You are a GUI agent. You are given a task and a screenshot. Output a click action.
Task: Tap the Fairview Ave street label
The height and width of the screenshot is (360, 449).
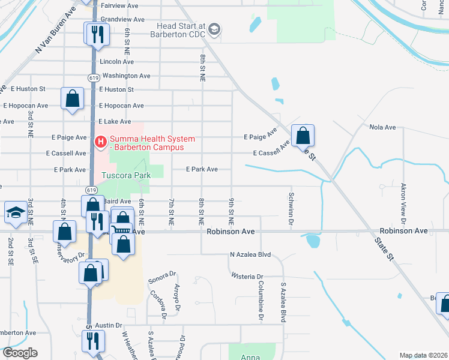coord(120,5)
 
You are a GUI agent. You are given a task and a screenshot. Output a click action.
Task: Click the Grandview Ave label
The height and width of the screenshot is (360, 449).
coord(122,19)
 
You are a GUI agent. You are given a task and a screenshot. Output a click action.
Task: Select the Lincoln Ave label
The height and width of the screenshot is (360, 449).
coord(117,62)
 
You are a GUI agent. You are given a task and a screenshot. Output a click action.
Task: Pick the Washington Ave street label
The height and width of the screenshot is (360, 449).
coord(126,76)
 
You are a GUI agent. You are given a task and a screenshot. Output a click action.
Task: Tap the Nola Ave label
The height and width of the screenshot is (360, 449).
coord(383,127)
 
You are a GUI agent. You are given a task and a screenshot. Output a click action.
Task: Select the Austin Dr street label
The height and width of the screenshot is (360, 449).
coord(109,325)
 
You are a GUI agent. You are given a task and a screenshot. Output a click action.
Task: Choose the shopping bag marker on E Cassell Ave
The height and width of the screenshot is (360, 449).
coord(303,136)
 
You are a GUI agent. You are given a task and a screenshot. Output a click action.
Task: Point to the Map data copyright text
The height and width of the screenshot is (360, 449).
coord(424,355)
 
